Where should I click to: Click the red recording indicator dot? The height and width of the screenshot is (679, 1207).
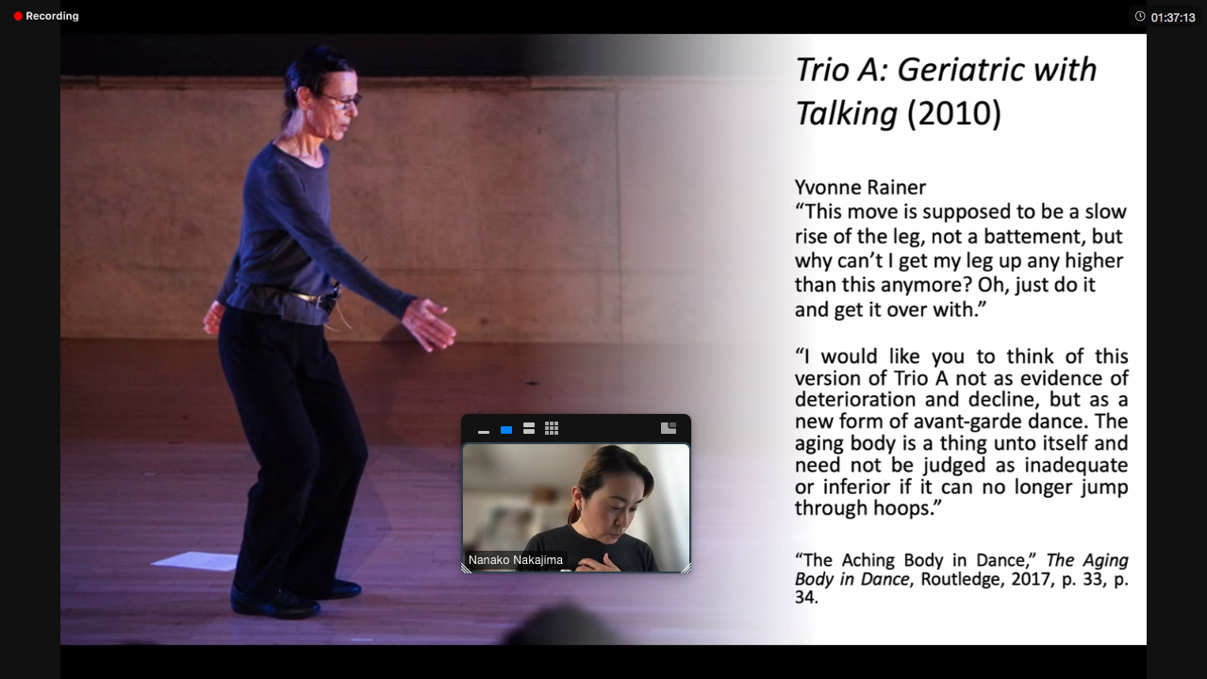(18, 16)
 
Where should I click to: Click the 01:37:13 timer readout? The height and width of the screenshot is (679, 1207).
(1173, 18)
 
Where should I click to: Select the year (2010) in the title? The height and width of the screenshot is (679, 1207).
(953, 114)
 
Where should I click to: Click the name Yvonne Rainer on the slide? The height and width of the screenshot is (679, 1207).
(860, 188)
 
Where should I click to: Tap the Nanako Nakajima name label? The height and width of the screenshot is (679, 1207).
(516, 560)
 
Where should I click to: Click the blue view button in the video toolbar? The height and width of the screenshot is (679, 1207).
(506, 429)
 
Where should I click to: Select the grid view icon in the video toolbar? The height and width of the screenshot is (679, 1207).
(552, 428)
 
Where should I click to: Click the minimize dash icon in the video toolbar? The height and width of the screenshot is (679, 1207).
(484, 432)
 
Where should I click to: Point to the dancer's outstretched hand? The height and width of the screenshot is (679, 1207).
(429, 324)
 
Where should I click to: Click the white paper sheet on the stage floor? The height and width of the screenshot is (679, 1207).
(196, 561)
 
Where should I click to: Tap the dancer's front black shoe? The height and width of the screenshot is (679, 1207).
(274, 603)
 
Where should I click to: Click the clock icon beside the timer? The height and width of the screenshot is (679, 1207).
(1140, 16)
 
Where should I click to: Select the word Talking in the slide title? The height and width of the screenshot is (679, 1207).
(846, 114)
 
